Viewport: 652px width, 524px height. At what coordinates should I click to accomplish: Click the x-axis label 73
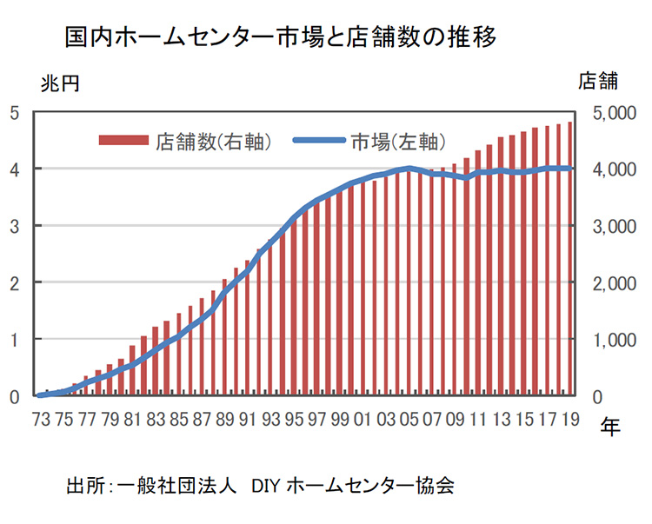point(41,418)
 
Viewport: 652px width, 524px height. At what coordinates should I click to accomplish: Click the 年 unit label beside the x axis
point(611,428)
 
